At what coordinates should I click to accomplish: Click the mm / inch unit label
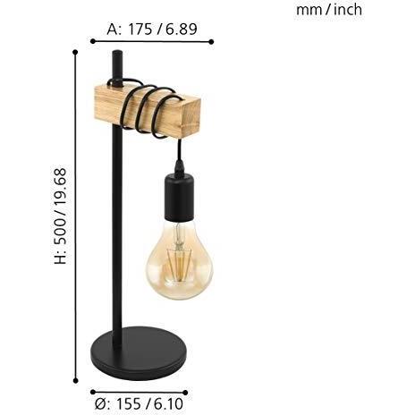pos(329,10)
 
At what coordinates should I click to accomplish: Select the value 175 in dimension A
pos(140,30)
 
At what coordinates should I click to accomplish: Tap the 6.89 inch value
pos(182,30)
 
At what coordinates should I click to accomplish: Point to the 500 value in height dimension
pos(60,230)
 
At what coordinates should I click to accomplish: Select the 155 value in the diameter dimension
pos(128,404)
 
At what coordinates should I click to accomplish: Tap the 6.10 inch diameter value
pos(168,404)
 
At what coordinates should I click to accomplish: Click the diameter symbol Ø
pos(101,404)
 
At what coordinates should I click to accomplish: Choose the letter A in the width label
pos(114,30)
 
